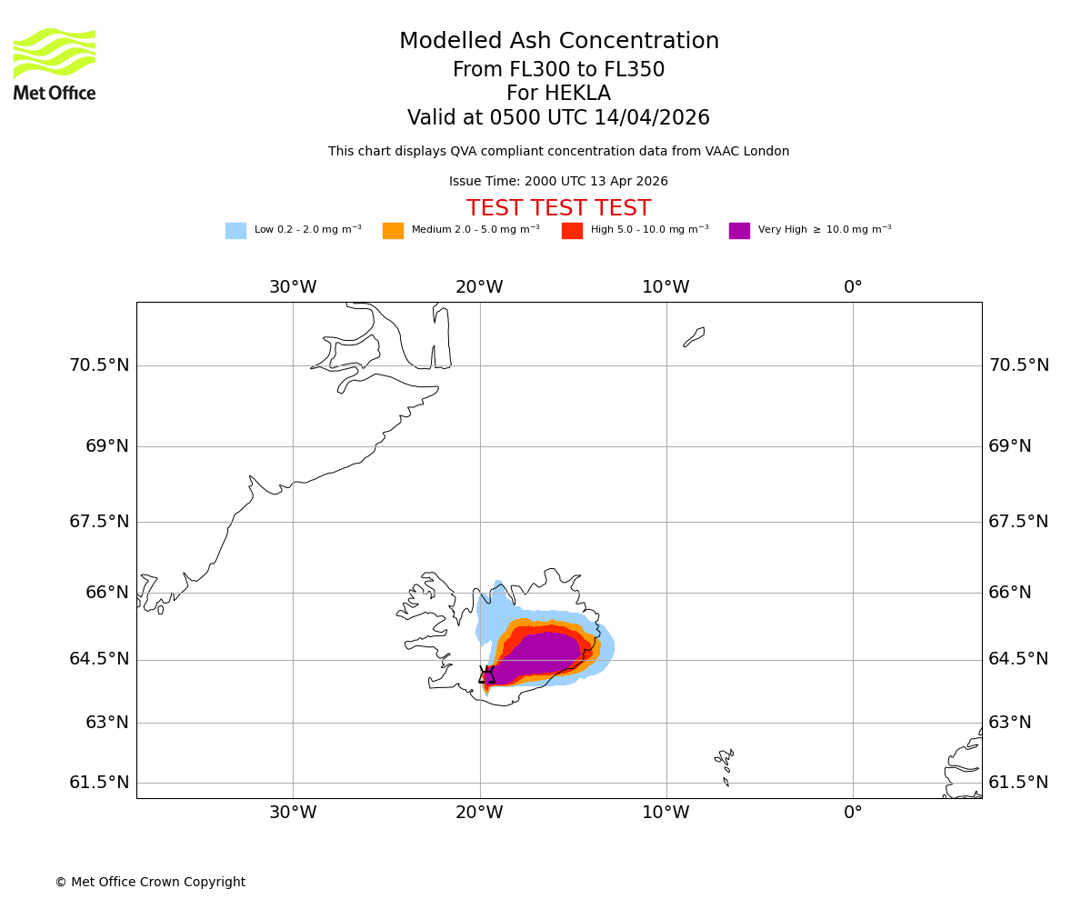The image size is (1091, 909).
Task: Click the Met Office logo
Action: tap(55, 64)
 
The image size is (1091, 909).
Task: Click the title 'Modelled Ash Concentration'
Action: tap(558, 42)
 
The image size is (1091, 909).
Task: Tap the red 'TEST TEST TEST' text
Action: tap(558, 209)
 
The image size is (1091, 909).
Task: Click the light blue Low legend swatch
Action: tap(235, 231)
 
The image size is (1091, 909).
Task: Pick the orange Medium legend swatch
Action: tap(393, 231)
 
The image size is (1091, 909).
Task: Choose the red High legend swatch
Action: tap(572, 231)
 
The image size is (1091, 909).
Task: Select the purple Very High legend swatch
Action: tap(739, 231)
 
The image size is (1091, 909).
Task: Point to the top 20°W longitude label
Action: tap(479, 287)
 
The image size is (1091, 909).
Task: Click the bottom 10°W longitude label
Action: tap(666, 813)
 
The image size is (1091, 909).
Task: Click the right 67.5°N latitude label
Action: tap(1018, 522)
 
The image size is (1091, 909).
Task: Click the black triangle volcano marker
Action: tap(486, 674)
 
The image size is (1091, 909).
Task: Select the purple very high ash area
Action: tap(541, 654)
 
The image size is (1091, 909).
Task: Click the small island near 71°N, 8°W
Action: tap(695, 336)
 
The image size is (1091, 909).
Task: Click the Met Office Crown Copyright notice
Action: tap(150, 883)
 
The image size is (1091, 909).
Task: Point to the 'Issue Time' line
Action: tap(558, 182)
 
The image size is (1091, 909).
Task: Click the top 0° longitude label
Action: tap(853, 287)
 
